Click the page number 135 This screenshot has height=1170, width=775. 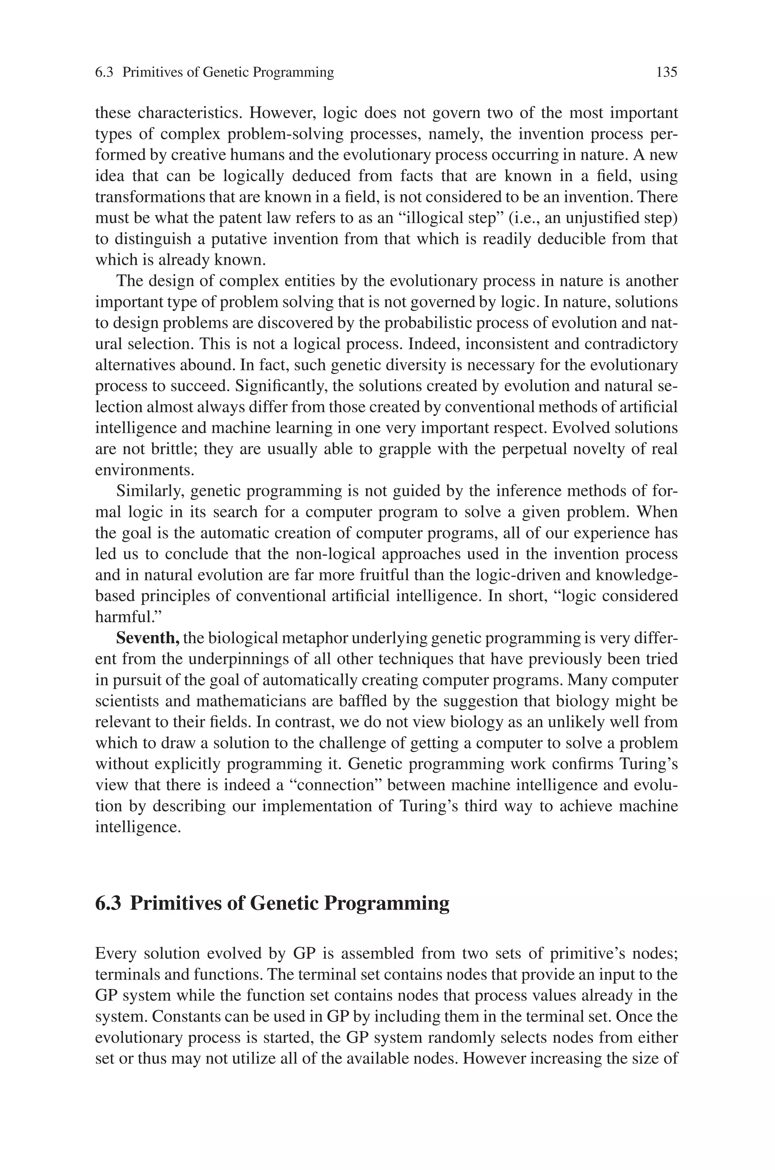(666, 73)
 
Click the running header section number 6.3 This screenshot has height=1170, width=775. (104, 73)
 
